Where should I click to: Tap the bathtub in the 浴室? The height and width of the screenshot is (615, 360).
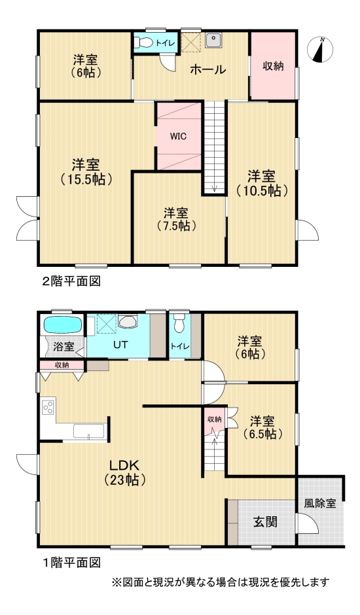(x=62, y=325)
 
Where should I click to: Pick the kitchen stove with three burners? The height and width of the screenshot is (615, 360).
(x=48, y=408)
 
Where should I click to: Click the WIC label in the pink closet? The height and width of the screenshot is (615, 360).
(x=177, y=137)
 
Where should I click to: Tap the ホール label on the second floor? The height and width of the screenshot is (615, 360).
(x=208, y=69)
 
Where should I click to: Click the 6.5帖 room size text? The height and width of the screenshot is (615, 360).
(x=261, y=433)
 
